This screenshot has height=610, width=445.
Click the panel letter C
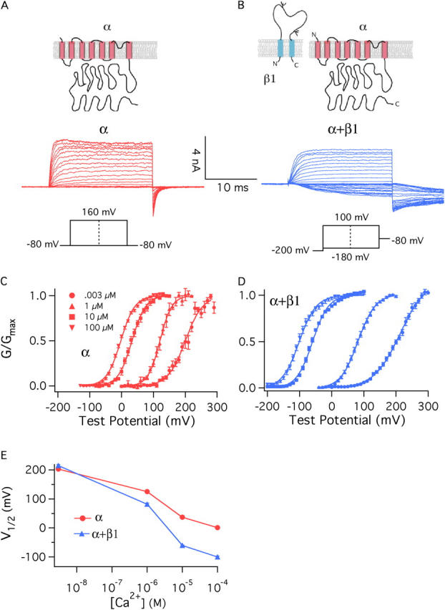tap(6, 281)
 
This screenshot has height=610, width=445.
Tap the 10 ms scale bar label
tap(231, 187)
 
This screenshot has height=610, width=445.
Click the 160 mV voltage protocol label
tap(97, 212)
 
